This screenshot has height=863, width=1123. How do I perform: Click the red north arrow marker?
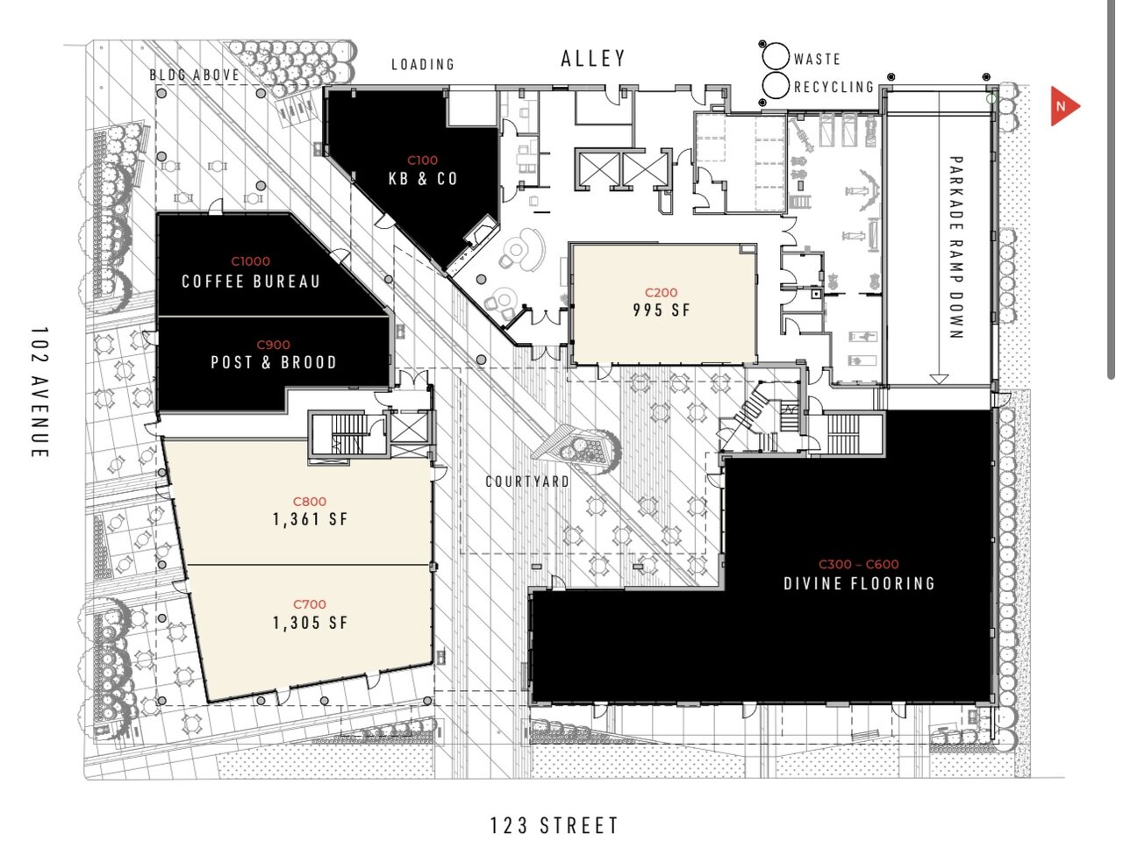(1063, 106)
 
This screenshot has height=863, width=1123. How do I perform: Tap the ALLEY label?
(593, 59)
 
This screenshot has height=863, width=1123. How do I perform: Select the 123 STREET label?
(554, 825)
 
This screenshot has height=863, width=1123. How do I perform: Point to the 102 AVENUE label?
(39, 392)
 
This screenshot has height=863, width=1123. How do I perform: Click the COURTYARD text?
(527, 481)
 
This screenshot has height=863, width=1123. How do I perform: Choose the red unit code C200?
(661, 292)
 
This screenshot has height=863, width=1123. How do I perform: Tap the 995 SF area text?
(662, 310)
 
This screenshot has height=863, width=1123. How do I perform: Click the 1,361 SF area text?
(310, 519)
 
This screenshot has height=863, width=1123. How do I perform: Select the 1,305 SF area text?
(310, 623)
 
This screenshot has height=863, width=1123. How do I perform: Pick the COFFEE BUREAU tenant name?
(251, 282)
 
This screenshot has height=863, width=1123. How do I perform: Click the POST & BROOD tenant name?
(274, 362)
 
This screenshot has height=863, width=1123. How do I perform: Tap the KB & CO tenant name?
(423, 179)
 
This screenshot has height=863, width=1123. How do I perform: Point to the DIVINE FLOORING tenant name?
(859, 583)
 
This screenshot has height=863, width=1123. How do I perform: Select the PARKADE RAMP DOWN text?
(956, 247)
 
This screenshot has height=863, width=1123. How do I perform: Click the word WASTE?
(817, 59)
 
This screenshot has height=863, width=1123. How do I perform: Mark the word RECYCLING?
(833, 87)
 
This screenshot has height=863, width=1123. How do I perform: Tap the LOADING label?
(423, 64)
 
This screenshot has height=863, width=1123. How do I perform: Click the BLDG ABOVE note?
(194, 75)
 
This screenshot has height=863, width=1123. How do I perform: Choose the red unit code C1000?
(251, 261)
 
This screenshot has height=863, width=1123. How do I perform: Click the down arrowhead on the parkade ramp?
(939, 379)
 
